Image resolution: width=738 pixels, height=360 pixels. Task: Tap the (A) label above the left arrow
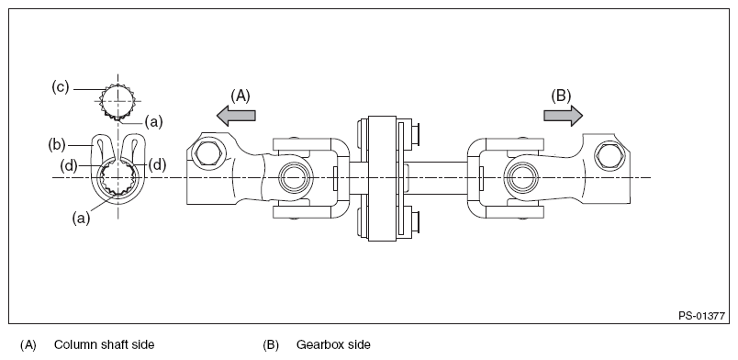[x=240, y=94]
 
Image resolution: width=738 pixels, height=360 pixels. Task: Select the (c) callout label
[x=61, y=88]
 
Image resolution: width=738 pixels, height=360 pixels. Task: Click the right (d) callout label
[x=156, y=164]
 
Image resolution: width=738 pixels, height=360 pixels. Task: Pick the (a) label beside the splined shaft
[x=154, y=120]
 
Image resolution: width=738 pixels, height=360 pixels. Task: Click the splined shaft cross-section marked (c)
[x=117, y=101]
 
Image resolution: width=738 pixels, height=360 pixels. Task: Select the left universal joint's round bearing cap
[x=293, y=175]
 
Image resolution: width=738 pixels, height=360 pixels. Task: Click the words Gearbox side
[x=332, y=345]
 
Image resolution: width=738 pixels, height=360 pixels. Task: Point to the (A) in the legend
[x=28, y=345]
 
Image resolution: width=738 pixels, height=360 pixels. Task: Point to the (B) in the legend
[x=271, y=345]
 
